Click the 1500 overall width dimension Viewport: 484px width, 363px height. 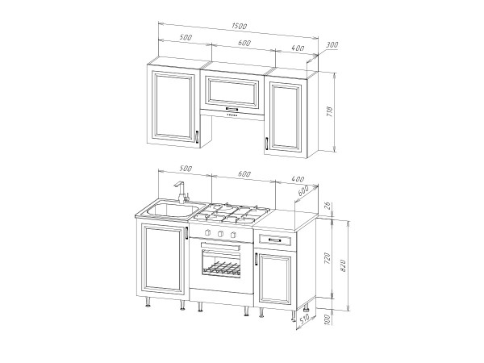(240, 26)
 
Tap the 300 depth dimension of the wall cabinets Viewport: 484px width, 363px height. (332, 44)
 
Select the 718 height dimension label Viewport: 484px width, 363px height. (329, 111)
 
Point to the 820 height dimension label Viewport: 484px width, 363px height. (343, 265)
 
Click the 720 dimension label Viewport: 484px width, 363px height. (328, 258)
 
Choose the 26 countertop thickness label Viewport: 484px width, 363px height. (328, 206)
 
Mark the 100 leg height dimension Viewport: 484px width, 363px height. (328, 319)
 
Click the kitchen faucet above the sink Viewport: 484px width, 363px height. (181, 192)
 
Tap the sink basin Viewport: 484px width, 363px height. (173, 210)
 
